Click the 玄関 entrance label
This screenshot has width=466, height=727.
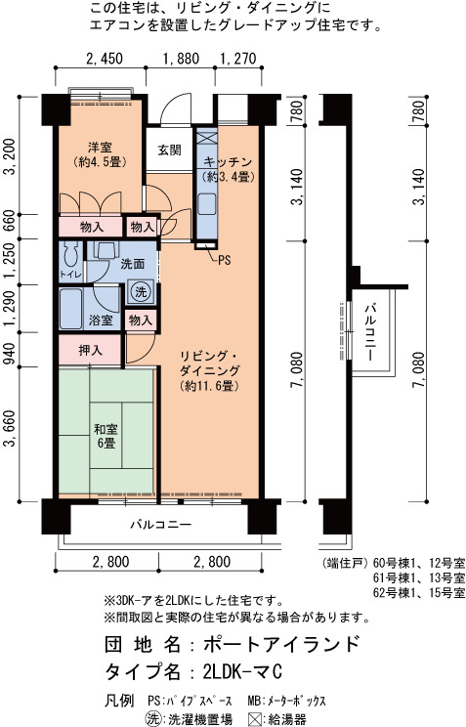coord(169,150)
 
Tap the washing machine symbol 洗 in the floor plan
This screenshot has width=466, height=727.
coord(141,291)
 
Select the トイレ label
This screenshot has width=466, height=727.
coord(70,275)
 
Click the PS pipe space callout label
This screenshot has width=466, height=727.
coord(225,261)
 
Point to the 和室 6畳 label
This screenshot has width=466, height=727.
coord(106,436)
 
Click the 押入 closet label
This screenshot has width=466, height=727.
coord(91,350)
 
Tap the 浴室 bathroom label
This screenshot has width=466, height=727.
coord(101,320)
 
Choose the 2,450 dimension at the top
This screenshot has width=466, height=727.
coord(105,59)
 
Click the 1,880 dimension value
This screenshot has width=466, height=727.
coord(181,59)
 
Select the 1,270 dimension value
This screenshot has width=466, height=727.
coord(237,59)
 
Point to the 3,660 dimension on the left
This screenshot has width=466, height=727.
coord(10,428)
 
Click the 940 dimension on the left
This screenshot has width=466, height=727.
coord(10,350)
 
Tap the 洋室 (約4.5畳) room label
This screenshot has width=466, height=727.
coord(101,154)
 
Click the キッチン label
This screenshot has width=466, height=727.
coord(229,161)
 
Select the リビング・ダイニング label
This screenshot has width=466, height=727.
coord(210,363)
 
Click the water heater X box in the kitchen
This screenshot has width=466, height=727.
coord(204,140)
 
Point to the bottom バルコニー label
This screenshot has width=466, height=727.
coord(161,525)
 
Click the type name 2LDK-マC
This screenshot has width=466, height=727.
coord(242,671)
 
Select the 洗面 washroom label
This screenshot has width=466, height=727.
coord(133,264)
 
